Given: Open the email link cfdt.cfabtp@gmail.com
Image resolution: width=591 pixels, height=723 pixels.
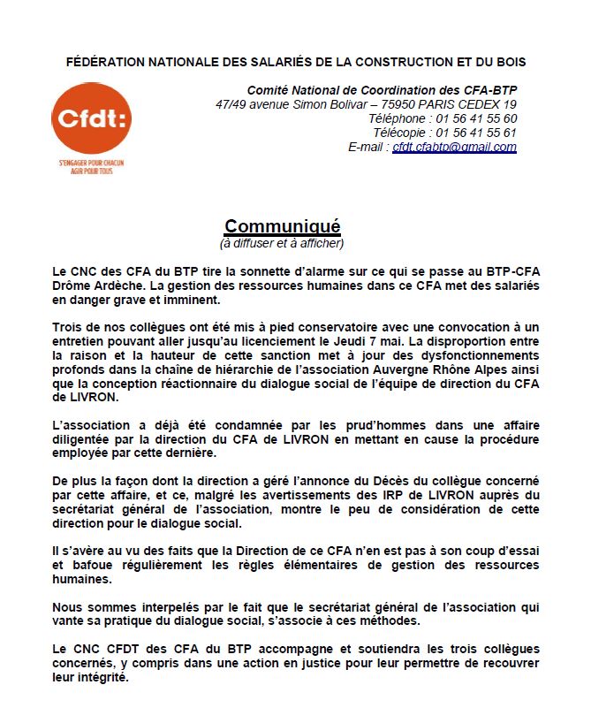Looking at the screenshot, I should point(454,147).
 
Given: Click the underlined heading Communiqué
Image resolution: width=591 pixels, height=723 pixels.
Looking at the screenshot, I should point(282,226).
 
